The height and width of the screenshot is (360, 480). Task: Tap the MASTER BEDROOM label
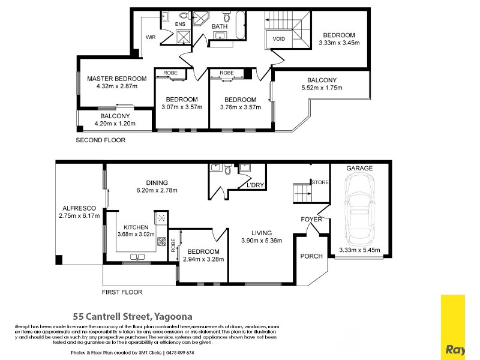116,79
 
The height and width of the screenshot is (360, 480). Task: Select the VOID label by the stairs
279,39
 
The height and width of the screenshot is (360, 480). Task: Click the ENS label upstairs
179,25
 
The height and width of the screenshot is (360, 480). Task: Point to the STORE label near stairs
319,182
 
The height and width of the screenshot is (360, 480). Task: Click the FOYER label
311,220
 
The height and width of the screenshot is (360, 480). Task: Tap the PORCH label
312,256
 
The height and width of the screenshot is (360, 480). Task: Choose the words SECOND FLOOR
100,140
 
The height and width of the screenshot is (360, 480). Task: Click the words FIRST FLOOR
122,292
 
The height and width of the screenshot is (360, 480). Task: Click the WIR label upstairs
151,37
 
